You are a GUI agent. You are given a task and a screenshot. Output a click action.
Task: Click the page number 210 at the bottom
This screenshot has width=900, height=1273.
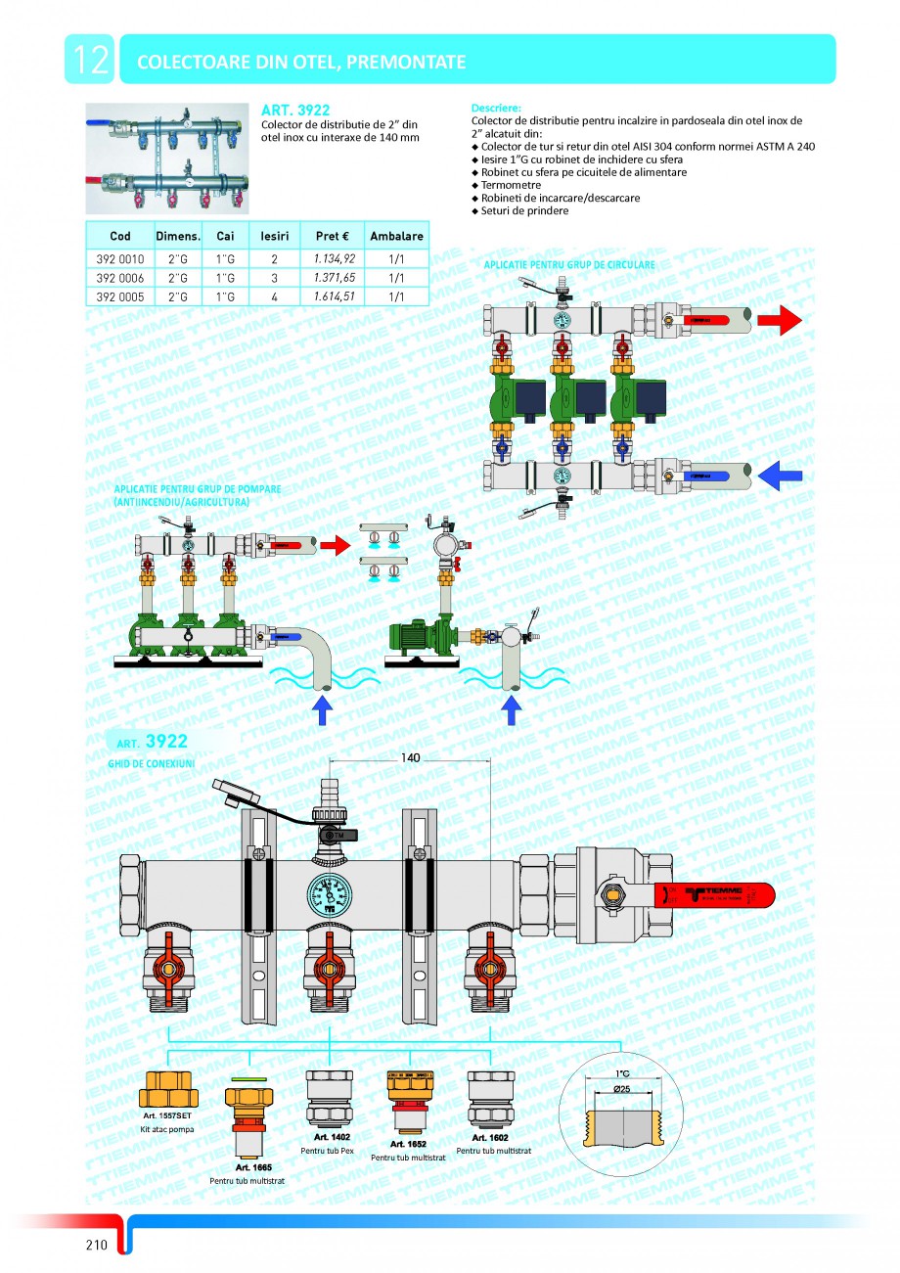point(95,1245)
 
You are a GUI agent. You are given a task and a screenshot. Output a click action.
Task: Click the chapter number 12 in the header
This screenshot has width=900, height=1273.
point(89,61)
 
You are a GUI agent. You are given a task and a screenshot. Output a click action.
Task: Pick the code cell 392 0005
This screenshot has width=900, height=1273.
point(120,295)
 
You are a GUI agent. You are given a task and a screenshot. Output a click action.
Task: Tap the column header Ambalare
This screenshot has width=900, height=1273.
point(396,236)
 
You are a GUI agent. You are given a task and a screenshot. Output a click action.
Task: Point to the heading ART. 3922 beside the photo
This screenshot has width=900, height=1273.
point(295,111)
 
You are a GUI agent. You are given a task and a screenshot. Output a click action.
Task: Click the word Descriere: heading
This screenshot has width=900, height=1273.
point(496,108)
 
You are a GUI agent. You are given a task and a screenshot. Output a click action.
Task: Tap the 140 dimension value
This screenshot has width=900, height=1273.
point(412,758)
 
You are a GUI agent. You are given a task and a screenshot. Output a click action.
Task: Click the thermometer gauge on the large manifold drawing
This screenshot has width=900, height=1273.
point(331,893)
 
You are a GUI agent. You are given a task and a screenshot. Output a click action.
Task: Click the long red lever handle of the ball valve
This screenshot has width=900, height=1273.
point(724,893)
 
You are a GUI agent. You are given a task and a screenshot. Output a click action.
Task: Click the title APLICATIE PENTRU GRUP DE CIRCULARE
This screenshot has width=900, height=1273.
point(569,265)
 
